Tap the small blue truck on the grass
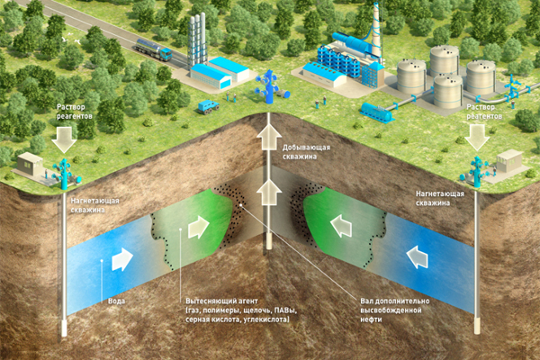tap(208, 106)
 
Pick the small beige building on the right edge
tap(510, 161)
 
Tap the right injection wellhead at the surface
tap(476, 167)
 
